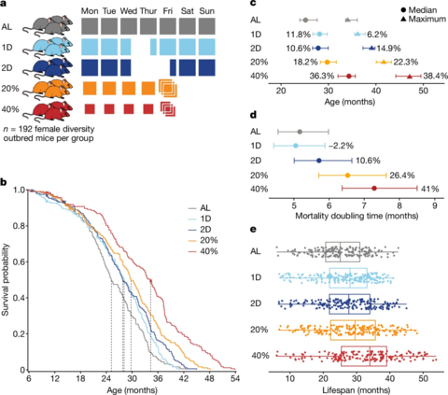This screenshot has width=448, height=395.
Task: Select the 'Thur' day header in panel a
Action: coord(148,8)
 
